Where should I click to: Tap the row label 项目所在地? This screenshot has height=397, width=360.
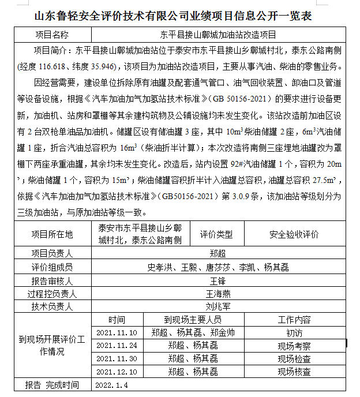coord(52,234)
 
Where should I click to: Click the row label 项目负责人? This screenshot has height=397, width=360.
coord(52,253)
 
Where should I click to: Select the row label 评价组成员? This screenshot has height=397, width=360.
coord(52,267)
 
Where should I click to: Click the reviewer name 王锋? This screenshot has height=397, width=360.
coord(217,281)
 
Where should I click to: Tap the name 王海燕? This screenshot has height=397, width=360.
coord(217,294)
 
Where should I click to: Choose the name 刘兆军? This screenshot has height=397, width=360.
coord(217,306)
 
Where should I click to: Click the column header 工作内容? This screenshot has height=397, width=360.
coord(294,320)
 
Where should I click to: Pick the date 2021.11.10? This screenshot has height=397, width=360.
coord(117,333)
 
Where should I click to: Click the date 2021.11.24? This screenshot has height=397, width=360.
coord(117,346)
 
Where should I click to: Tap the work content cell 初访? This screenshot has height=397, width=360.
coord(294,333)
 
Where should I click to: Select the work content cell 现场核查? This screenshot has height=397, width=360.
coord(294,372)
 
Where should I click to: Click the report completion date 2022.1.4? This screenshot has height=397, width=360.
coord(111,385)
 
